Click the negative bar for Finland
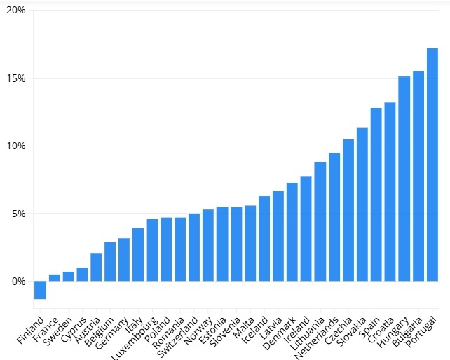coord(40,290)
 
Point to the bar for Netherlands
coord(334,216)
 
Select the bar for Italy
coord(138,254)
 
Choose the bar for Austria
coord(96,267)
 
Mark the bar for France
coord(54,277)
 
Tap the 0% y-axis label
coord(18,281)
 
